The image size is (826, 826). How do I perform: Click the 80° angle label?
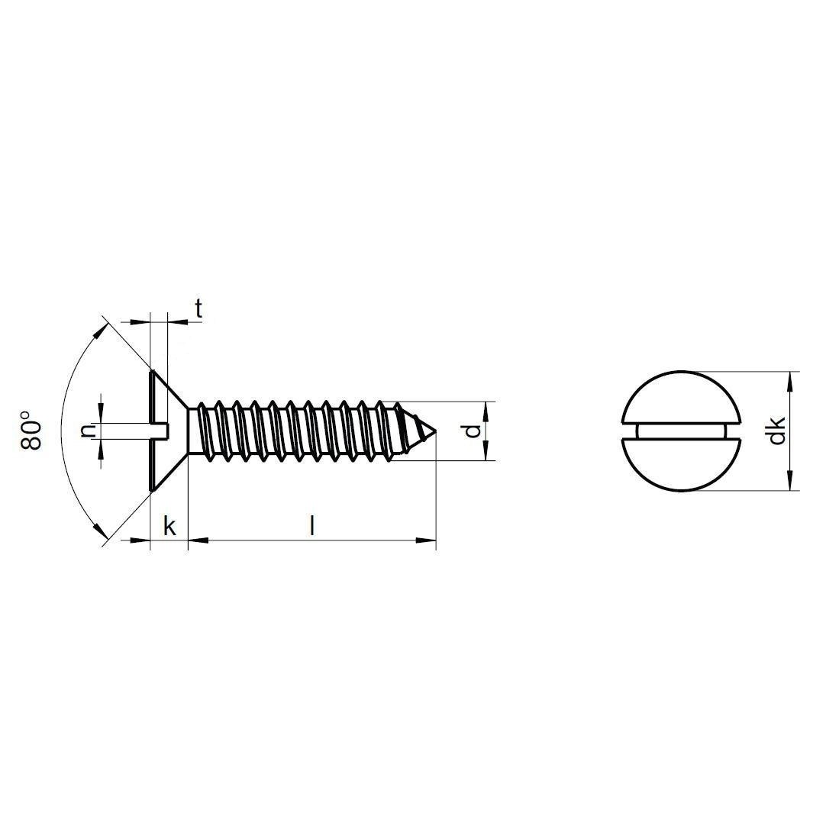pos(31,428)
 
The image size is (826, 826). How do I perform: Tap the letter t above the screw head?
pos(198,309)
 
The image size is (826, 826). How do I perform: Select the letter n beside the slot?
pos(88,431)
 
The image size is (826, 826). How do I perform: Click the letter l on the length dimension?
pos(312,525)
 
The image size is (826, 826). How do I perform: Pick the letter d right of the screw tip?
pos(473,431)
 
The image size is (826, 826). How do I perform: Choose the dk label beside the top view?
pos(776,431)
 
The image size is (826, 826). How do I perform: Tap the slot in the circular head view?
pos(681,431)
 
